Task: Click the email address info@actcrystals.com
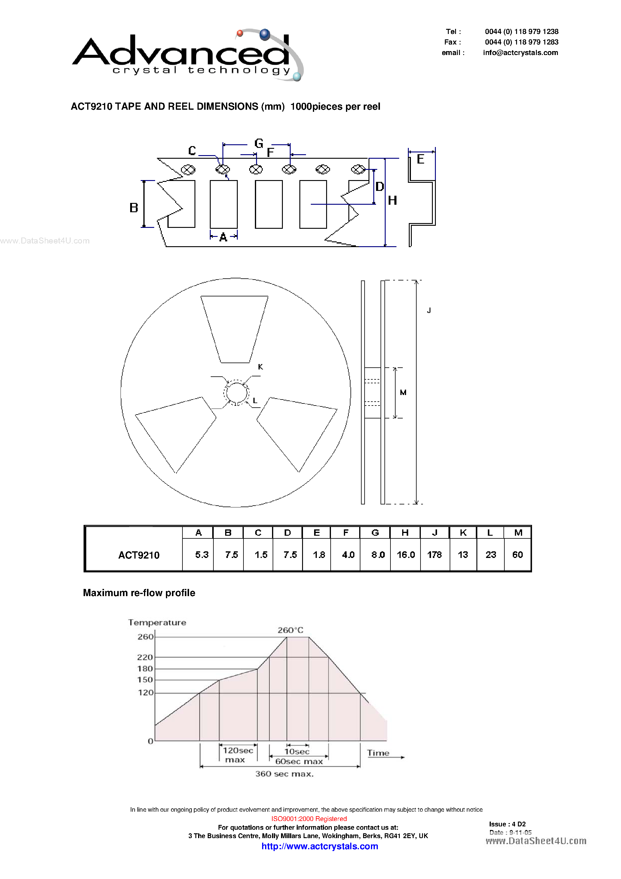point(520,53)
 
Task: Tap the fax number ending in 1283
point(522,42)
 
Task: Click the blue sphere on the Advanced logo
point(265,35)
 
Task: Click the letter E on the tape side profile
point(421,159)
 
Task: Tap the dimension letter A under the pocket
point(223,237)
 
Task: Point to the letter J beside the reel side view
point(429,311)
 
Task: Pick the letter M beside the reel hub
point(403,392)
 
